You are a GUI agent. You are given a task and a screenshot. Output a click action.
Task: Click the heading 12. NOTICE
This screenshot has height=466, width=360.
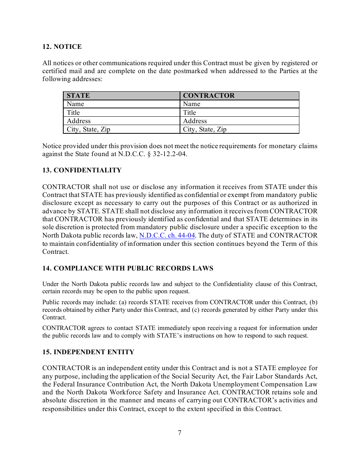pos(62,47)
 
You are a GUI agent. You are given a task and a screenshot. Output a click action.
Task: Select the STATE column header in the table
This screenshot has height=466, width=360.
pos(78,95)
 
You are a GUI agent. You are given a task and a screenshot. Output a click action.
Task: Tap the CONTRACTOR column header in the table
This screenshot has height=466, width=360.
pos(208,95)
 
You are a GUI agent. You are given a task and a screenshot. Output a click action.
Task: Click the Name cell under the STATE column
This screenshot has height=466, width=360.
pos(75,104)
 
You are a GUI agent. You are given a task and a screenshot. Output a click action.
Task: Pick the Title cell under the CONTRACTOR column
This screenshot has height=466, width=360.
pos(189,113)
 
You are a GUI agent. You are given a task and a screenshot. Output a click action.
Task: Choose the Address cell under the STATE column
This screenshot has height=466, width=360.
pos(79,121)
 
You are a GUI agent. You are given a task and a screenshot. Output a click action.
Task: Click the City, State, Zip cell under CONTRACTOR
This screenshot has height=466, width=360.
pos(205,129)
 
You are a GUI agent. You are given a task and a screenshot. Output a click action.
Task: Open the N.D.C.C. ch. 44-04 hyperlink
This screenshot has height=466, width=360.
pos(167,235)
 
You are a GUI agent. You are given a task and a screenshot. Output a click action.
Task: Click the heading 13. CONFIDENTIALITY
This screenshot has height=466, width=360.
pos(82,170)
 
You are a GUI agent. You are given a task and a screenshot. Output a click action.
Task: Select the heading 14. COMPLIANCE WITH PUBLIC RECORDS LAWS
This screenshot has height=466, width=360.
pos(128,268)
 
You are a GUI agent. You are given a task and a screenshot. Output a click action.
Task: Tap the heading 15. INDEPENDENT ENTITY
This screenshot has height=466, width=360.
pos(88,352)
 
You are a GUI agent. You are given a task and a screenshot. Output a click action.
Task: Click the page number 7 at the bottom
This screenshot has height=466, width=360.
pos(180,433)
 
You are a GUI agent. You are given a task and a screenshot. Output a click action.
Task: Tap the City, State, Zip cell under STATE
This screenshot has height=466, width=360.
pos(88,129)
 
